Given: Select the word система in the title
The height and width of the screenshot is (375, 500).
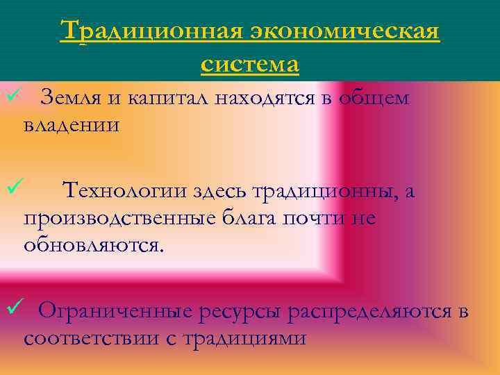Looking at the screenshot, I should pos(250,64).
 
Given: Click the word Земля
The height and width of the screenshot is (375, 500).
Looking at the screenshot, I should pos(70,99).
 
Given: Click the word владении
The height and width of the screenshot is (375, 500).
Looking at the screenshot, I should pos(71,126).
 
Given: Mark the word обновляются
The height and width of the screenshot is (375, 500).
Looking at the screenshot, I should pos(95,245).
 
